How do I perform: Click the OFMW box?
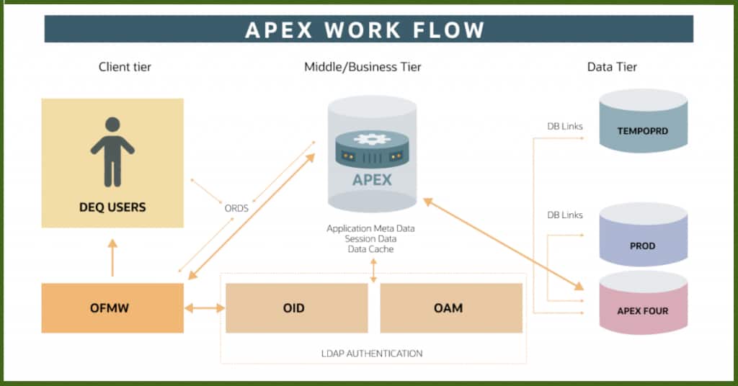click(x=112, y=308)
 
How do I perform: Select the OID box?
click(x=294, y=308)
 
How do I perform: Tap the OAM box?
click(x=450, y=308)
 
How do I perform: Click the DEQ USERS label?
click(x=112, y=207)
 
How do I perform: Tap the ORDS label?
click(x=236, y=208)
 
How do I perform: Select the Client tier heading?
click(x=125, y=67)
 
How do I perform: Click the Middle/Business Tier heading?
click(x=363, y=67)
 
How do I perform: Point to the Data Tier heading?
click(x=612, y=67)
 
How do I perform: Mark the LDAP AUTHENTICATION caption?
click(x=372, y=354)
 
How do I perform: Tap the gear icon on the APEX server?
click(x=372, y=139)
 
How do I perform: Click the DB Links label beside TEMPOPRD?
click(x=564, y=127)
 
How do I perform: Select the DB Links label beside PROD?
click(x=564, y=215)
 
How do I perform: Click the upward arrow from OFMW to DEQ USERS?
click(x=112, y=258)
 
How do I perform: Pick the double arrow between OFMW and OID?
click(x=205, y=308)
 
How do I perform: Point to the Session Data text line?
click(x=370, y=238)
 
